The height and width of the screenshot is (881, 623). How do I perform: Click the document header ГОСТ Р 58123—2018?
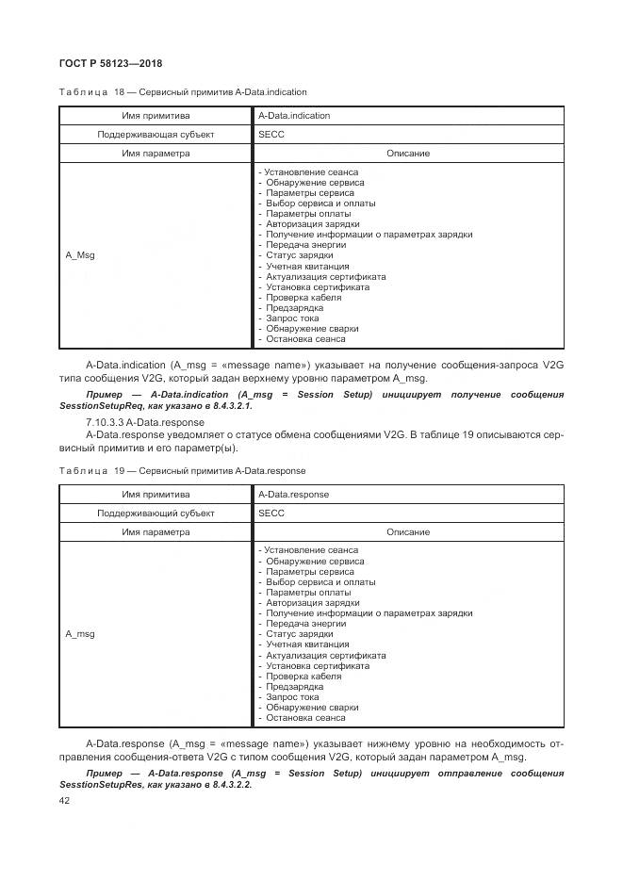pos(111,63)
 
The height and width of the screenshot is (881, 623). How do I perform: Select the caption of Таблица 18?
pos(183,92)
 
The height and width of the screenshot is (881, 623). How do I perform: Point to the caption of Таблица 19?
pos(182,470)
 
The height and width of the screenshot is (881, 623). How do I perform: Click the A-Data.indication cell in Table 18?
pos(294,116)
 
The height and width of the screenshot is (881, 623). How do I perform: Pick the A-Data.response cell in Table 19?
pos(293,494)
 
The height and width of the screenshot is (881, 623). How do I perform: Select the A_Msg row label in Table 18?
pos(79,255)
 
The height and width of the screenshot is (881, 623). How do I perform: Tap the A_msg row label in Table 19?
pos(79,634)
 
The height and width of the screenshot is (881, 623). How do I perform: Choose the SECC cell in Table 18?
pos(271,135)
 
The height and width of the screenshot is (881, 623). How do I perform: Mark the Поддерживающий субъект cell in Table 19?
pos(156,514)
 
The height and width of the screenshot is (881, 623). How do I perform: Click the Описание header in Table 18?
pos(407,154)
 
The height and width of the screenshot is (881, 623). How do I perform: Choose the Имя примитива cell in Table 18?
pos(156,116)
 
